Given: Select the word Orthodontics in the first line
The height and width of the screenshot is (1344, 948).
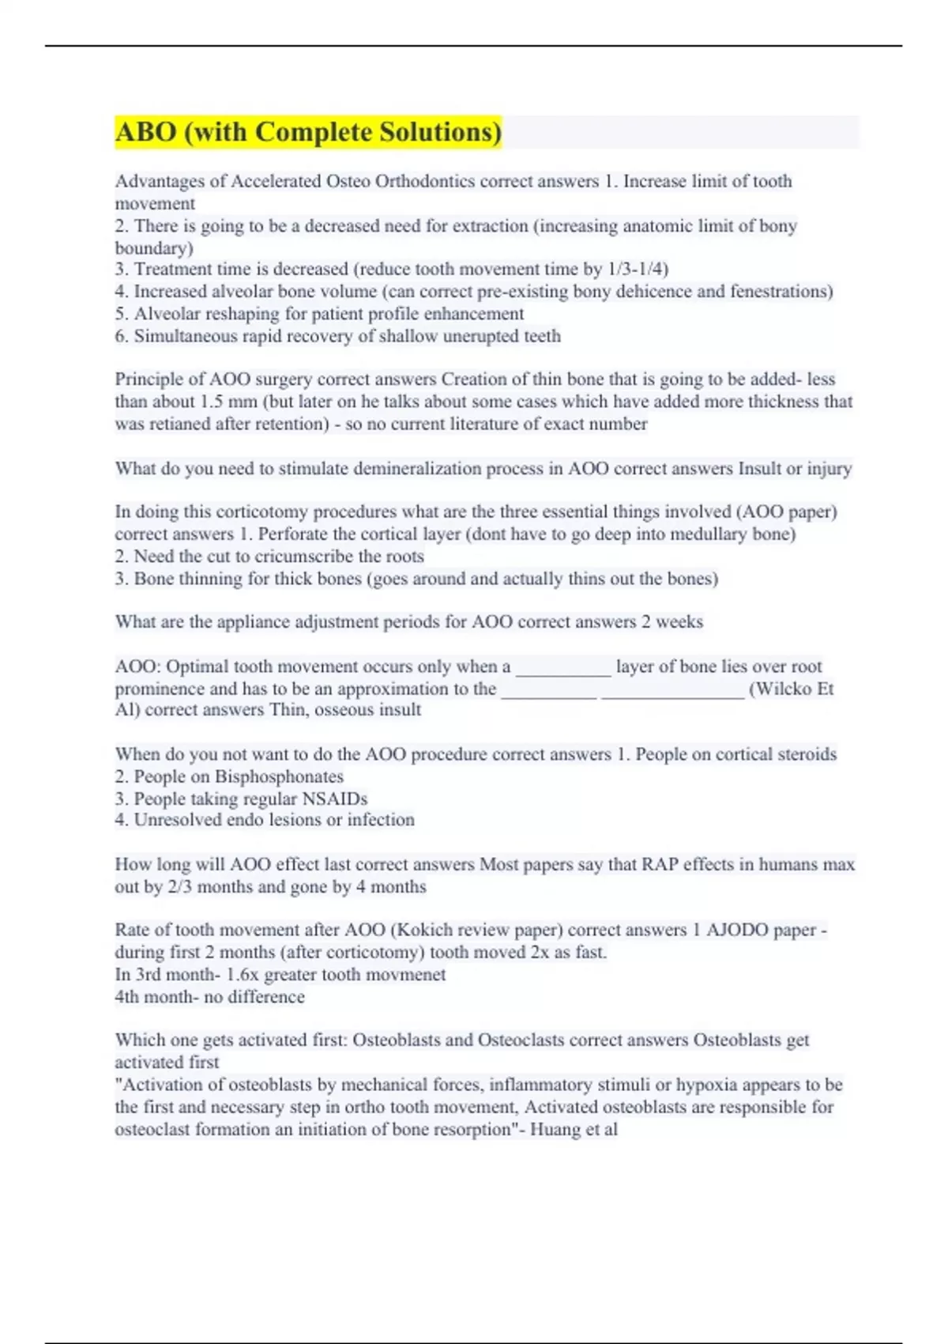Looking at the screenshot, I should [x=425, y=181].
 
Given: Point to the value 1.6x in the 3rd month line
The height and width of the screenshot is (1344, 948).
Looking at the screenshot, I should [x=243, y=974].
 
